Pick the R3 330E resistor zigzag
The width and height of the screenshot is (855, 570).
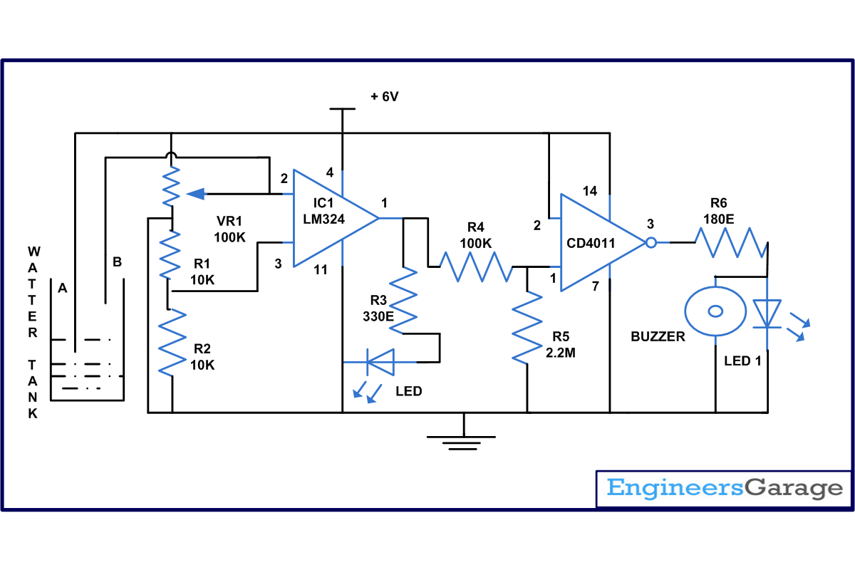404,299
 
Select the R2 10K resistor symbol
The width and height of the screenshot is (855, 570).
172,343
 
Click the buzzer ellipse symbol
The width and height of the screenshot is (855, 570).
715,311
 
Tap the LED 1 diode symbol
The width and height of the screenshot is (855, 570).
767,313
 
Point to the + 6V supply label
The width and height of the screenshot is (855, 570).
384,97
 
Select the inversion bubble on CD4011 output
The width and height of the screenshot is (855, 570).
651,243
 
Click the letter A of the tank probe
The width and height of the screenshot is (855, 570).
63,289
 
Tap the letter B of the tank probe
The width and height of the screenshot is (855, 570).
117,262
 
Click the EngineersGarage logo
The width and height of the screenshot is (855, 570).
724,489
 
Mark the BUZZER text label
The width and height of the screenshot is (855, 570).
658,337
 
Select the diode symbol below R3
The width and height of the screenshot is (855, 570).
378,362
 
